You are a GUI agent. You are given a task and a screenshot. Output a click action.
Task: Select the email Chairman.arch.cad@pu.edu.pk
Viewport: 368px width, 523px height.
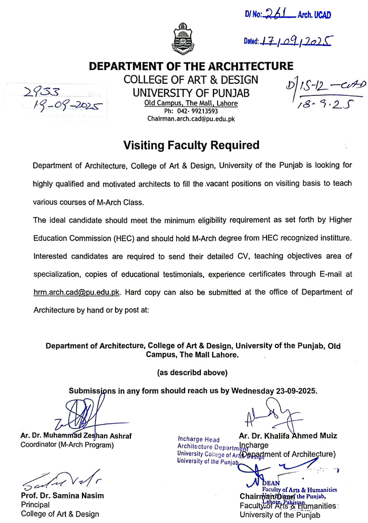click(191, 120)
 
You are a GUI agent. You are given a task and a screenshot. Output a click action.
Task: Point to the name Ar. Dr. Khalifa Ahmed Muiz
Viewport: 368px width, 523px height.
click(288, 436)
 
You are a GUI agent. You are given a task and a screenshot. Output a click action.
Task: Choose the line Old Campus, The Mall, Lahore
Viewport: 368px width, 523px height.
click(191, 103)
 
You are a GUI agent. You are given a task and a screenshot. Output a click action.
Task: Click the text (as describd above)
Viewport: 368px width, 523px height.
click(192, 372)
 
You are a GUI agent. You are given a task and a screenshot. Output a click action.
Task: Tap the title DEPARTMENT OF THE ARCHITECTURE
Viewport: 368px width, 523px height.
click(191, 66)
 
